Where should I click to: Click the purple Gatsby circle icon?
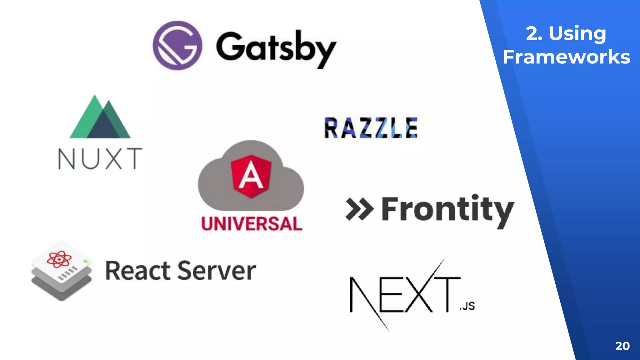[177, 46]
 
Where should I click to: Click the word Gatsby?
[276, 48]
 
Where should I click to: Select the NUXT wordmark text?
[100, 159]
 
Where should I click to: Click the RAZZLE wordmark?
[371, 127]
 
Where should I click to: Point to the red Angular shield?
[251, 176]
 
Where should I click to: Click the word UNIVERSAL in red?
[252, 224]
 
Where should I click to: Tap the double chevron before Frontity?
[359, 209]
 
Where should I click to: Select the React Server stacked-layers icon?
[62, 271]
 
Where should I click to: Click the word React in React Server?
[137, 271]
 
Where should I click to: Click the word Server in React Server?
[217, 271]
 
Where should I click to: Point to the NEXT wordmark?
[405, 294]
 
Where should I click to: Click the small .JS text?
[467, 306]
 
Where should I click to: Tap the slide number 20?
[622, 346]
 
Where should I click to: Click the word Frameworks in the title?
[566, 57]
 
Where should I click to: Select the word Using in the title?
[577, 33]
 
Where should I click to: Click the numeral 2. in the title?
[534, 33]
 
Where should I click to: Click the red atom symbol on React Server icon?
[59, 259]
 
